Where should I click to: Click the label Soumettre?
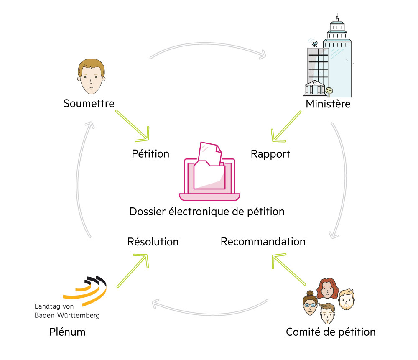[x=89, y=103]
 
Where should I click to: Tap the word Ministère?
[x=328, y=104]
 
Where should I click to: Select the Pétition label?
[x=150, y=154]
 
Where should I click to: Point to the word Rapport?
[x=270, y=154]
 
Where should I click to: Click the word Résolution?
[x=153, y=242]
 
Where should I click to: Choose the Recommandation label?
[x=263, y=242]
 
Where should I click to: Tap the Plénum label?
[x=67, y=332]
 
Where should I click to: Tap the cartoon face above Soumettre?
[x=91, y=76]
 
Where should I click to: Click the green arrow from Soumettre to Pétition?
[x=132, y=125]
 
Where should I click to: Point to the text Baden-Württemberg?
[x=67, y=315]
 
